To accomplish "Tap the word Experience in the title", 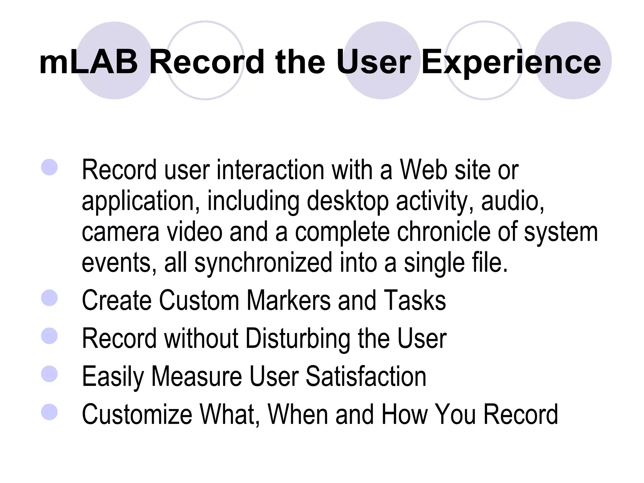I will [x=511, y=63].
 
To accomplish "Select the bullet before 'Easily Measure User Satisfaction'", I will [x=49, y=374].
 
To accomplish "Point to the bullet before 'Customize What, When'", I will [x=49, y=412].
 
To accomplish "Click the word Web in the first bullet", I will [x=423, y=170].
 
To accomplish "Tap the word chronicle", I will [x=443, y=231].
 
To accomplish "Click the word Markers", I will [x=288, y=300].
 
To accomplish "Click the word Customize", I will [x=137, y=414].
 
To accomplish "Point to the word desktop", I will [x=347, y=201].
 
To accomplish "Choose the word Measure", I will [x=197, y=376].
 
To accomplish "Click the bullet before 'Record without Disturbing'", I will [x=49, y=336].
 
